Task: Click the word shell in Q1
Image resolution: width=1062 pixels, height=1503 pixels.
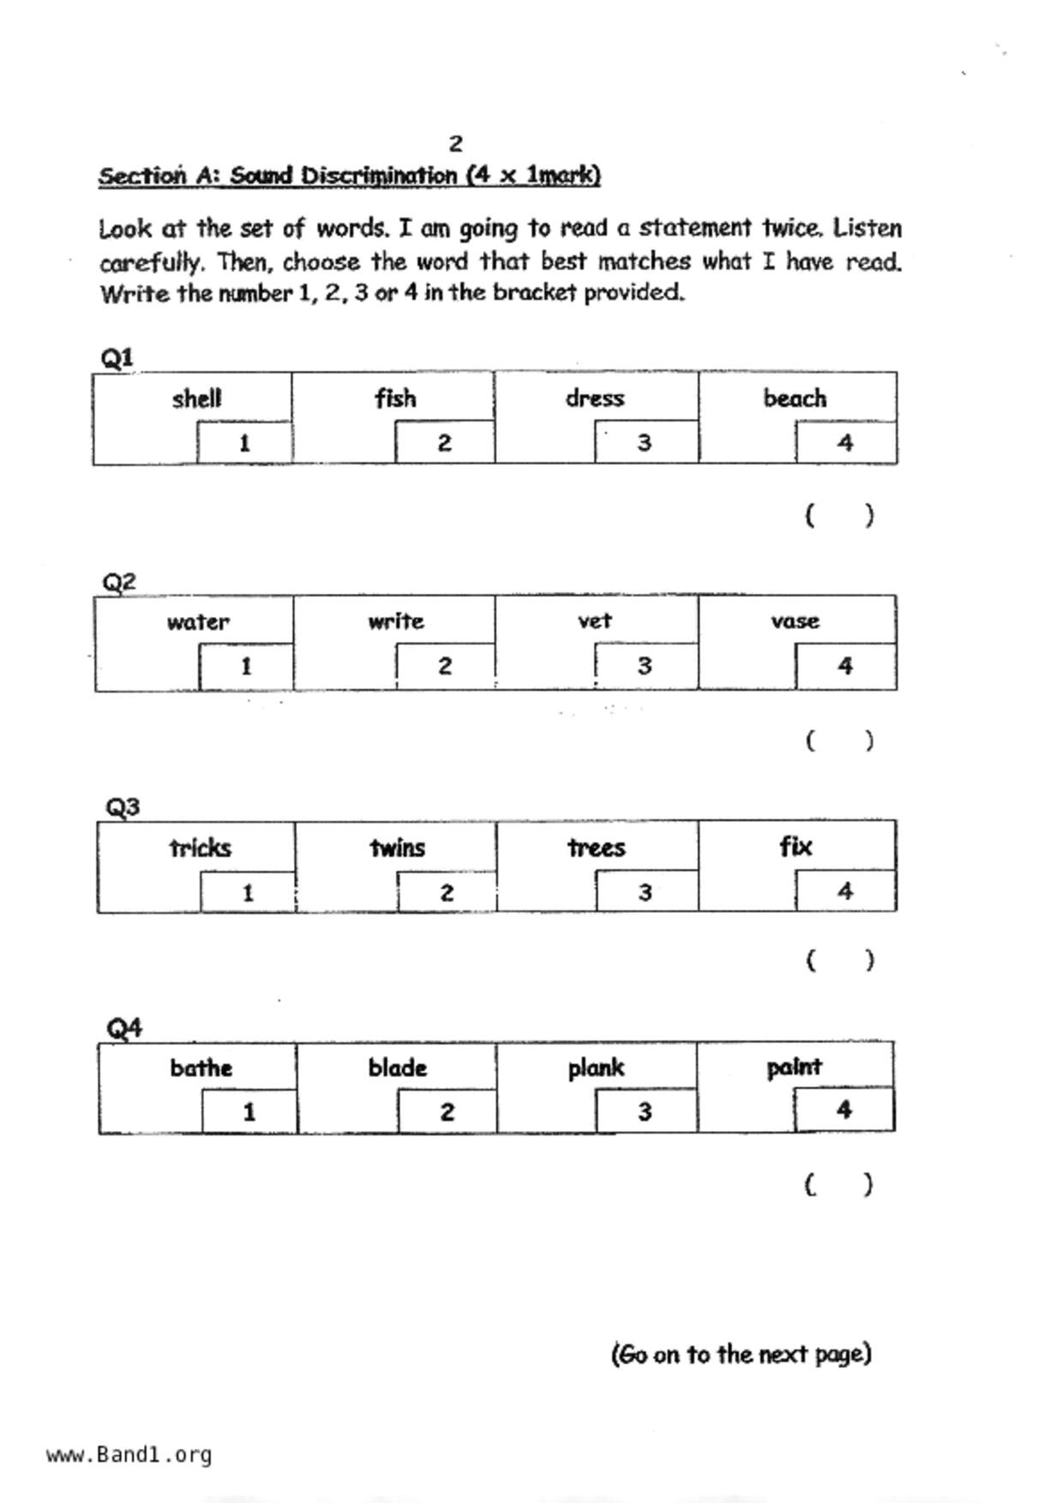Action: tap(196, 398)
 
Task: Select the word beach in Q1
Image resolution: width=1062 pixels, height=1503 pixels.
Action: tap(795, 398)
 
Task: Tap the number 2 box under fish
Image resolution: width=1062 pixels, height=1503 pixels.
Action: tap(444, 442)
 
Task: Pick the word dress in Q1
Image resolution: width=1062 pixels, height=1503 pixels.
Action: tap(595, 398)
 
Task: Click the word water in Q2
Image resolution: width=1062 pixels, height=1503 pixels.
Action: tap(198, 622)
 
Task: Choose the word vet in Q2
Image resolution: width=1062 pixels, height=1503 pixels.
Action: tap(595, 620)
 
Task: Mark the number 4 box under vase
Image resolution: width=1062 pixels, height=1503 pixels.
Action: tap(845, 666)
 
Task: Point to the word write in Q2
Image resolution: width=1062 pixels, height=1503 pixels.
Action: tap(396, 621)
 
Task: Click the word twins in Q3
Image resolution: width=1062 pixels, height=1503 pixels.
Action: tap(398, 847)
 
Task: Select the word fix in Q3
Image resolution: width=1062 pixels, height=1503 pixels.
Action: tap(795, 847)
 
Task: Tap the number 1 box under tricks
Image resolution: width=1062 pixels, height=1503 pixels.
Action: tap(248, 893)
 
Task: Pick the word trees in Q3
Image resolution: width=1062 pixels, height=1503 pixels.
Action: tap(597, 847)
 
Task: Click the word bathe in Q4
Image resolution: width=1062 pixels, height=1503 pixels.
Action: tap(201, 1068)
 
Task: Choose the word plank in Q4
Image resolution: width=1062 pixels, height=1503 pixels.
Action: tap(596, 1068)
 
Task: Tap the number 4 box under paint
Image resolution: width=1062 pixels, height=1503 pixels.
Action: tap(843, 1110)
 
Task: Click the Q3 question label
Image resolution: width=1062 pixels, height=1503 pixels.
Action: tap(123, 806)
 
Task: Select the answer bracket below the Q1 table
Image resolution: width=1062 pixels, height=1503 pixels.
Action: tap(839, 515)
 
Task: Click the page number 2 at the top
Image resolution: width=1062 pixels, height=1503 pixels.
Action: tap(456, 143)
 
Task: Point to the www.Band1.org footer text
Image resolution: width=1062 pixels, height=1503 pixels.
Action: tap(129, 1454)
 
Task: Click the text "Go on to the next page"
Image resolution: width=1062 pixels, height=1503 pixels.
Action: tap(741, 1354)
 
